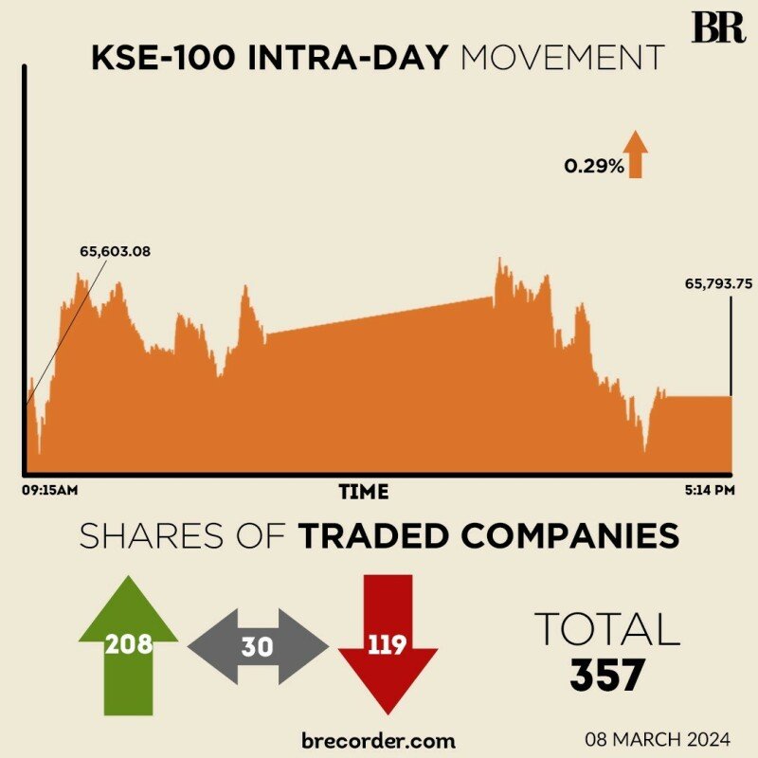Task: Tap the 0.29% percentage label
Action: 594,166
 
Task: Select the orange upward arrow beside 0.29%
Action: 635,155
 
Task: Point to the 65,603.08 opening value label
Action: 116,251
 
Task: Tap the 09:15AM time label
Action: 49,491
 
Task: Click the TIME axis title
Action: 364,492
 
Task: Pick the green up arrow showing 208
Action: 129,644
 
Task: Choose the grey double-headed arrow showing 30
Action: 258,647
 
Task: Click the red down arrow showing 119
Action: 387,644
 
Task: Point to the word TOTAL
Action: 607,629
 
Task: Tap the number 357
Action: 607,674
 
